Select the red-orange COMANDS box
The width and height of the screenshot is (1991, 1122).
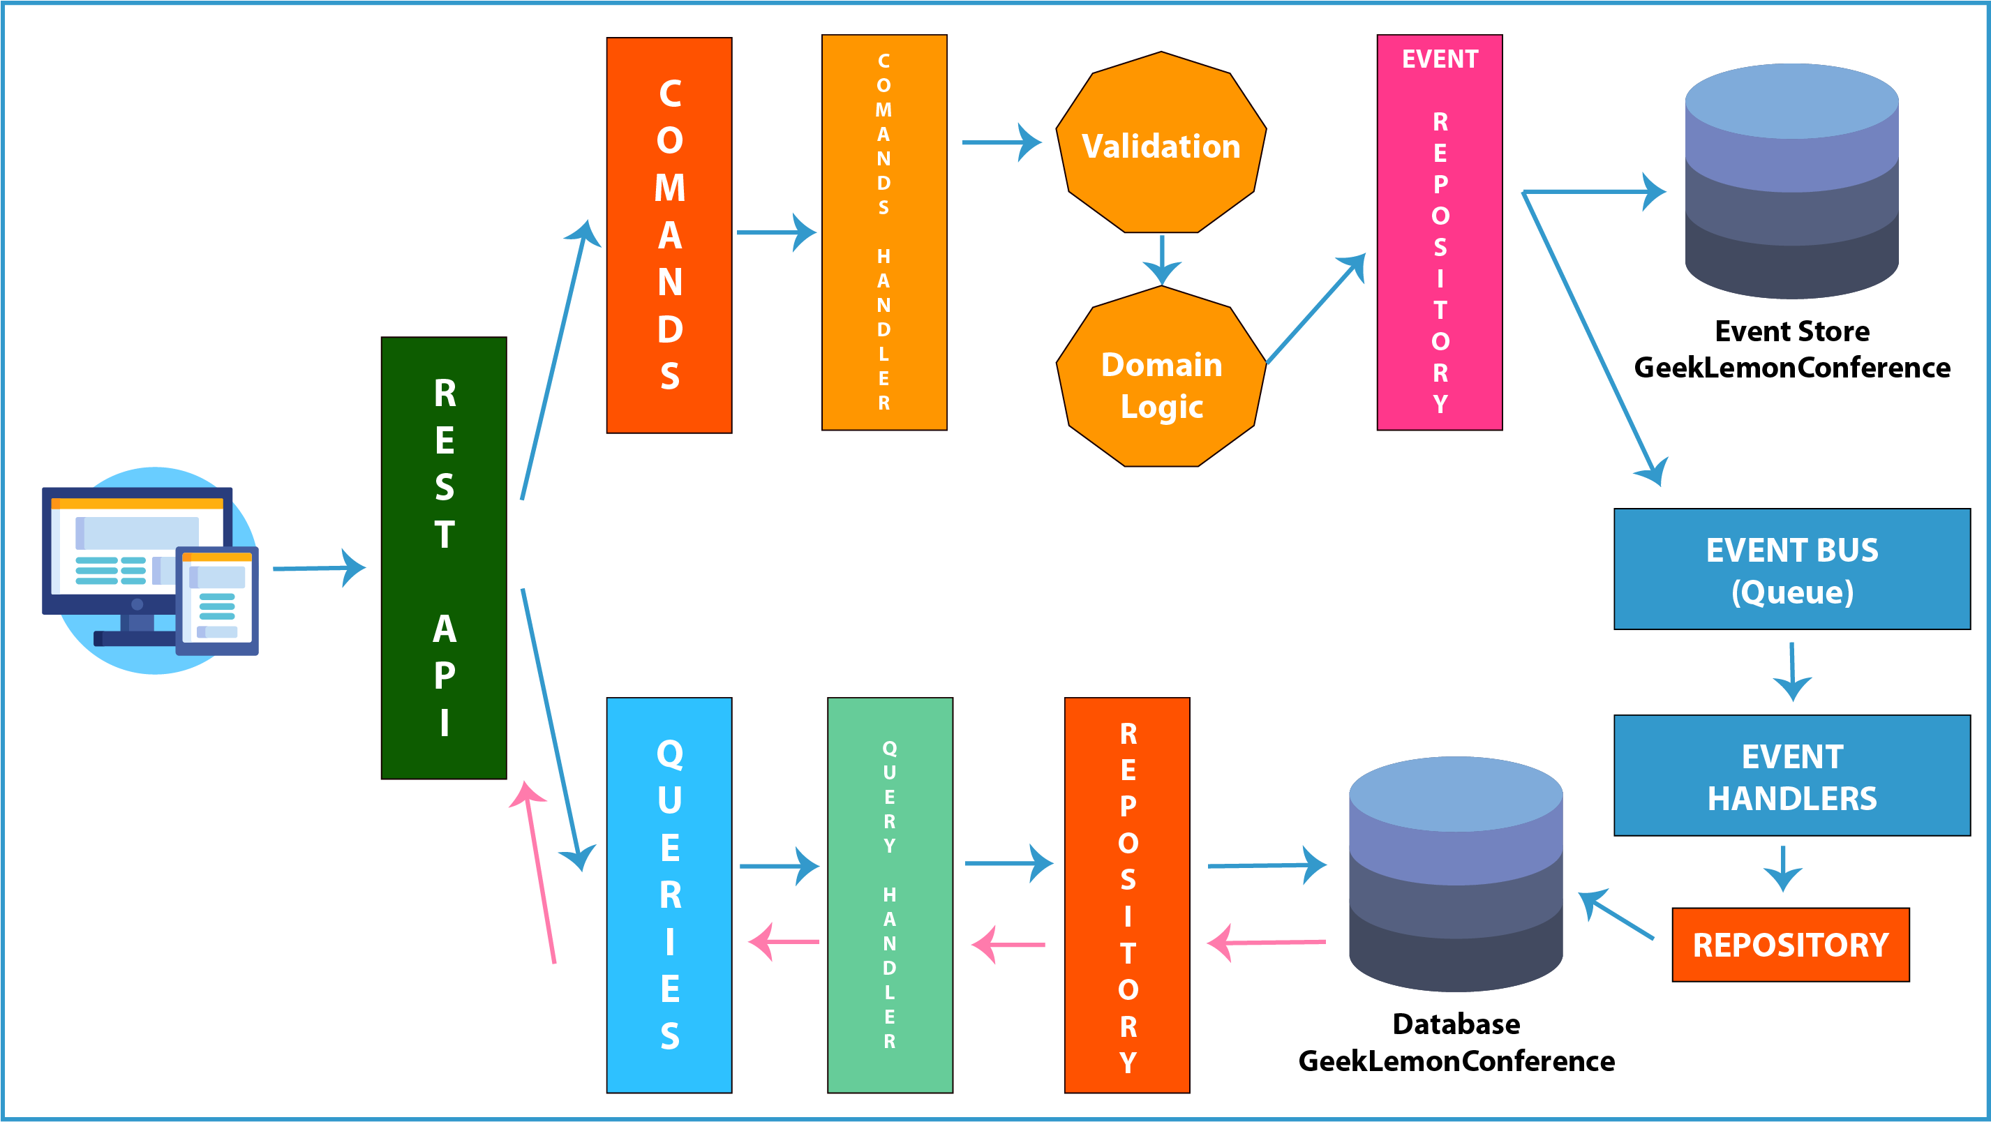(x=669, y=235)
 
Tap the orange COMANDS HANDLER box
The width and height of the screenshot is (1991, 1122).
(x=884, y=232)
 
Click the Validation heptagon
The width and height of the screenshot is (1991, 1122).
(x=1161, y=142)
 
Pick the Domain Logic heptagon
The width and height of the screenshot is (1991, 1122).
(x=1161, y=376)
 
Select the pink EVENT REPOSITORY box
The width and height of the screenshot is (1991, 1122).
(x=1440, y=232)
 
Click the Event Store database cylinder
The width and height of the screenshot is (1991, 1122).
(x=1791, y=181)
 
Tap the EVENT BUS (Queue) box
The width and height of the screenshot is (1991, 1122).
(x=1792, y=569)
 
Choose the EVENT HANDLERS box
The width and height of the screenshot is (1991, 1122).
(x=1792, y=775)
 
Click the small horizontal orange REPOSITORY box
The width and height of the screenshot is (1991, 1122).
(x=1791, y=944)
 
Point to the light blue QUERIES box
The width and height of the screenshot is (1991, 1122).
(x=669, y=895)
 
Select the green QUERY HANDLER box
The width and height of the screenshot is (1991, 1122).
(x=890, y=895)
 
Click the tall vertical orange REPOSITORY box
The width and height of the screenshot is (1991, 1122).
(x=1127, y=895)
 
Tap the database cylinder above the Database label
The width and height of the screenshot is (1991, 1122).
(x=1456, y=874)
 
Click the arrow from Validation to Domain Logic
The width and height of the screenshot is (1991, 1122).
(x=1162, y=260)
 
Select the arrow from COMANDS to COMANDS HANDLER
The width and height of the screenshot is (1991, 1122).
(x=776, y=232)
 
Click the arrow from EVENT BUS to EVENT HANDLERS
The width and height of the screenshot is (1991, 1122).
(x=1792, y=671)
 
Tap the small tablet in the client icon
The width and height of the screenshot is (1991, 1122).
(x=217, y=600)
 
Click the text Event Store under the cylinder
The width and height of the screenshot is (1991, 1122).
(x=1792, y=331)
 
